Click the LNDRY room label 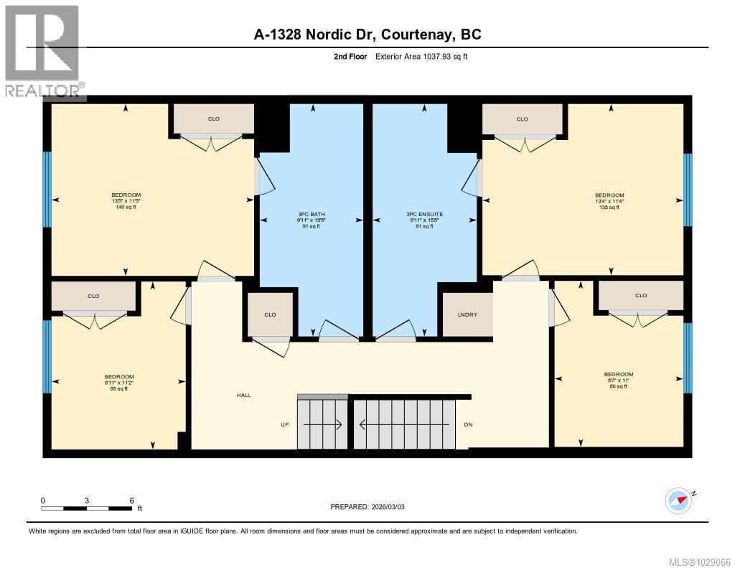467,315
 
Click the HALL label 243,395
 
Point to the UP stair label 284,424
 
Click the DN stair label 468,424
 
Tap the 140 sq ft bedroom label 126,201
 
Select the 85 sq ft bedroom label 119,383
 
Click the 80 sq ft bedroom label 618,381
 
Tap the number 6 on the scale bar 131,501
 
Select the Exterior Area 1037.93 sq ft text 421,57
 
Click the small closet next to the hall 270,315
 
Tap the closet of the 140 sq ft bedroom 214,119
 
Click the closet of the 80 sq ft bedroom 641,295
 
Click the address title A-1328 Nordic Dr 367,34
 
